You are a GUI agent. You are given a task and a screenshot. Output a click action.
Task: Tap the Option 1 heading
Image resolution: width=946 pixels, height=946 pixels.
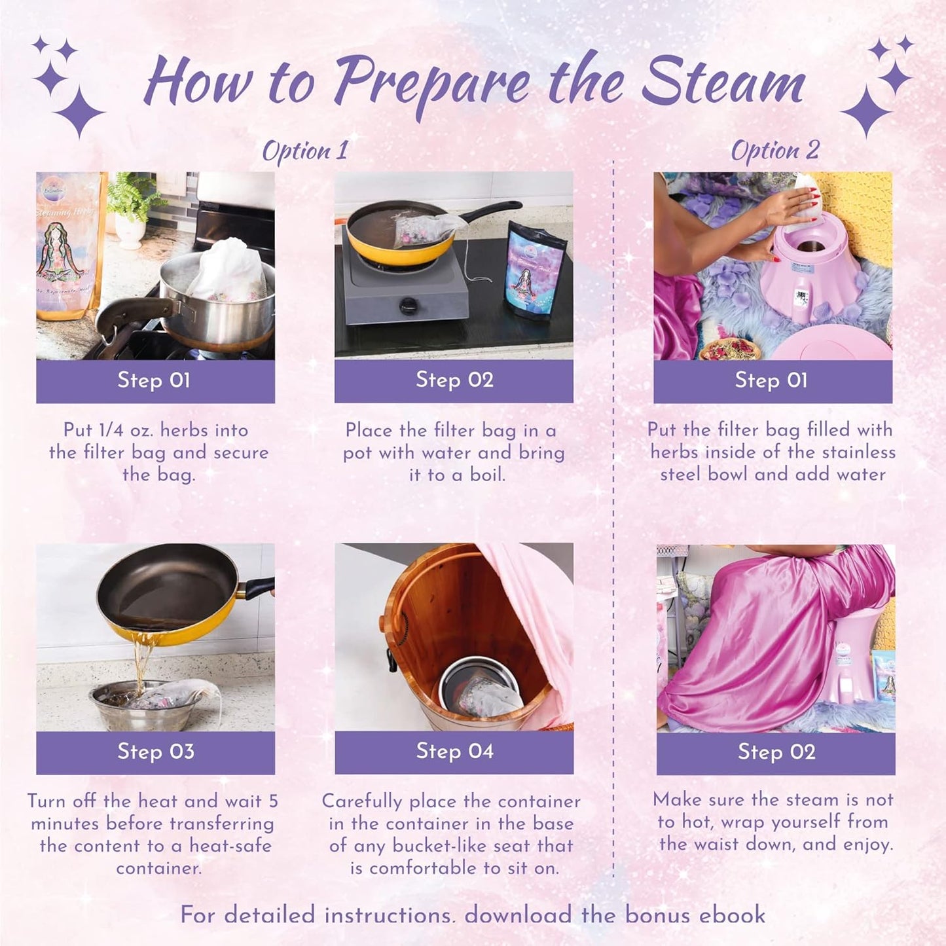pos(305,151)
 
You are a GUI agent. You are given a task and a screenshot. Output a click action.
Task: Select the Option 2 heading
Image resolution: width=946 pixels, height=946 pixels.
pos(774,151)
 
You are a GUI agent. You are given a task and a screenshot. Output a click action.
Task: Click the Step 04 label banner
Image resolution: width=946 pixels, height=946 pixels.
pos(454,752)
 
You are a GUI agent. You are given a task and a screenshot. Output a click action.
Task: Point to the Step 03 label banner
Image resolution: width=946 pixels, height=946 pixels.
pos(155,752)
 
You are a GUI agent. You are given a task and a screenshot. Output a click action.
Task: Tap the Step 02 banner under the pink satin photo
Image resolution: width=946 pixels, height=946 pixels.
pos(776,752)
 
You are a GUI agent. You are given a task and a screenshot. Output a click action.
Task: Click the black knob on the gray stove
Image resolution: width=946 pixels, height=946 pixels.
pos(409,306)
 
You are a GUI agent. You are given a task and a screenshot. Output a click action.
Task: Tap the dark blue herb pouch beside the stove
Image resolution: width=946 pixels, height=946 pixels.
pos(535,268)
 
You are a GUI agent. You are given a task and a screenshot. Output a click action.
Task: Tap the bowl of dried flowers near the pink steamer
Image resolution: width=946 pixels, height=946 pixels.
pos(729,348)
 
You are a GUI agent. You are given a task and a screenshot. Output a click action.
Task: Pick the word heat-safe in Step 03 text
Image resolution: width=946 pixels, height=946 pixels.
pos(230,846)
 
